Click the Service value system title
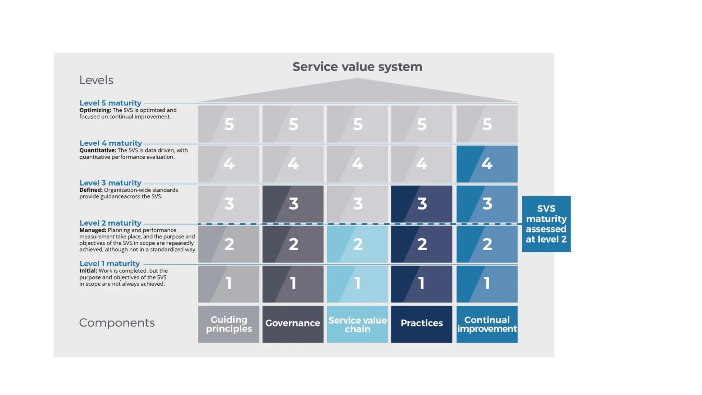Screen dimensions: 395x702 click(x=357, y=67)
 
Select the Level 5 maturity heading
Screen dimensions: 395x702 click(x=110, y=103)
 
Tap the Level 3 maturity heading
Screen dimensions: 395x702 click(x=110, y=183)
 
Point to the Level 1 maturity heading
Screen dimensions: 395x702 click(x=110, y=263)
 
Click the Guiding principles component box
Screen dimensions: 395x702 click(x=229, y=324)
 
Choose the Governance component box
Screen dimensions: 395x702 click(x=293, y=324)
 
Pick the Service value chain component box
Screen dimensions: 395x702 click(x=357, y=324)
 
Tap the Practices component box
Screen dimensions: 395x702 click(x=422, y=324)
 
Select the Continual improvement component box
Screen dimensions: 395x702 click(x=487, y=324)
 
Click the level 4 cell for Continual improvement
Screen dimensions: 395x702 click(x=487, y=164)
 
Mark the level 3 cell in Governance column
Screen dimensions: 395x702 click(x=293, y=204)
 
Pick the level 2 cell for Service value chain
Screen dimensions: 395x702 click(x=357, y=244)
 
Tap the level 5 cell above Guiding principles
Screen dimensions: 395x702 click(x=229, y=124)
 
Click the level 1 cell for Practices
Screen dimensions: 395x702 click(x=422, y=284)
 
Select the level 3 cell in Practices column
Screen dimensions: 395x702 click(x=422, y=204)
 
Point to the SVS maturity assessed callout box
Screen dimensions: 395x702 click(x=546, y=224)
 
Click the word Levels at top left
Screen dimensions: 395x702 click(x=96, y=80)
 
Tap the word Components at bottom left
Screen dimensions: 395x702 click(x=117, y=323)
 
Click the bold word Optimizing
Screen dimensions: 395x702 click(x=95, y=110)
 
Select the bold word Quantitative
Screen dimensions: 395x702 click(x=98, y=150)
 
